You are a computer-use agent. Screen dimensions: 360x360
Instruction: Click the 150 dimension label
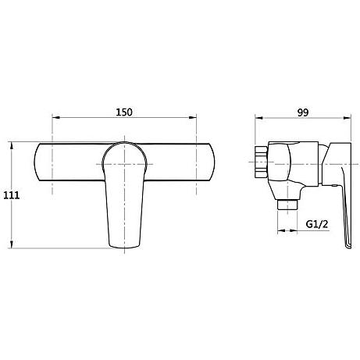pos(124,112)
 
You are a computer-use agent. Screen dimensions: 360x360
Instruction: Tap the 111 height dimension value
pos(11,195)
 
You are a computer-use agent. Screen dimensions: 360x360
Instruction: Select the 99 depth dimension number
pos(303,112)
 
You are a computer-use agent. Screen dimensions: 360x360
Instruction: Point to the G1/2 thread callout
pos(317,224)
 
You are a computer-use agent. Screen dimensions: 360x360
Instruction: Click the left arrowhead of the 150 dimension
pos(56,117)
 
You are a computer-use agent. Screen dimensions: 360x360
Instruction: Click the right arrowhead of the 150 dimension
pos(193,117)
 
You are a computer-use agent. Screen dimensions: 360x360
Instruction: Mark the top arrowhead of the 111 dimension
pos(12,146)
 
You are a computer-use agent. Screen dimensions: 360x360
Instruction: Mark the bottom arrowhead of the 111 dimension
pos(12,244)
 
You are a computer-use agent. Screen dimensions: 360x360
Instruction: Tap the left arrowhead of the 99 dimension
pos(258,118)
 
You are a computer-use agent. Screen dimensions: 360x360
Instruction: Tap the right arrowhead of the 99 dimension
pos(348,118)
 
